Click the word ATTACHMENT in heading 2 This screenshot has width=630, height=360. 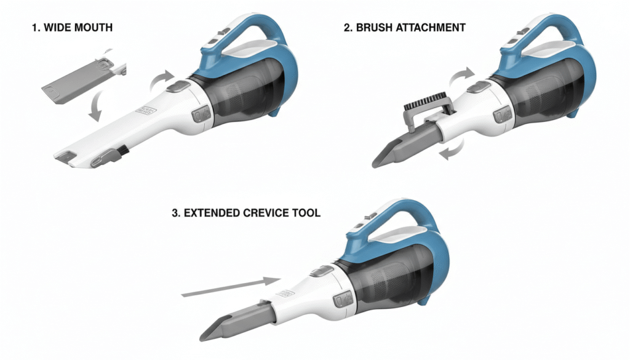pos(431,28)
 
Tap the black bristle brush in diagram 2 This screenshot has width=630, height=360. pos(423,102)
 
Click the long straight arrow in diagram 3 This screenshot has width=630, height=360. pos(231,287)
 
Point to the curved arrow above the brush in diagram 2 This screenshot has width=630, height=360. pos(462,76)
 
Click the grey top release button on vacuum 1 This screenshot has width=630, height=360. pos(178,86)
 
